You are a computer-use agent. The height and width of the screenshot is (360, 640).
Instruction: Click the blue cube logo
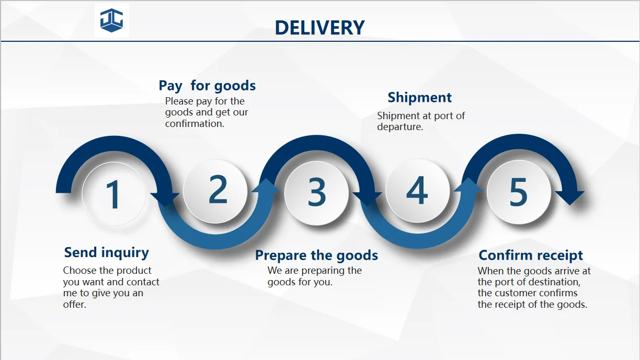[x=111, y=21]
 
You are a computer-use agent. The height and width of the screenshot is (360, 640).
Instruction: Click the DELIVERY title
[x=319, y=28]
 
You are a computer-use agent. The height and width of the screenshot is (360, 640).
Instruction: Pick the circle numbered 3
[x=317, y=192]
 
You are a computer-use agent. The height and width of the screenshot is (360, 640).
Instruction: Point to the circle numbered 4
[x=417, y=190]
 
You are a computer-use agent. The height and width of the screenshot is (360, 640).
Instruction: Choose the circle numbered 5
[x=518, y=192]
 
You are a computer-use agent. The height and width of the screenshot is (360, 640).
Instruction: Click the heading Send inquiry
[x=106, y=252]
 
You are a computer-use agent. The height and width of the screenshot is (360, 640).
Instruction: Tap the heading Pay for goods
[x=207, y=86]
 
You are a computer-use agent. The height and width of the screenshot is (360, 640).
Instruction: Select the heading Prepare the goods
[x=316, y=256]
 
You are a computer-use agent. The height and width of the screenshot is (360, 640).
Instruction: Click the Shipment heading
[x=419, y=98]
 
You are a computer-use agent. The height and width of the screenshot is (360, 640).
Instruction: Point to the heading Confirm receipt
[x=531, y=256]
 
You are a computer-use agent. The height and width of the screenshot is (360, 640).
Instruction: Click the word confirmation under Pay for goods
[x=195, y=124]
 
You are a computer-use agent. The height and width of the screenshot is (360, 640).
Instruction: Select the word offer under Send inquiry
[x=74, y=305]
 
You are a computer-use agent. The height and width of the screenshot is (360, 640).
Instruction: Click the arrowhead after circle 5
[x=569, y=198]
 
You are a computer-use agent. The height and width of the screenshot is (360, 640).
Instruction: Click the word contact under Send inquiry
[x=142, y=282]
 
